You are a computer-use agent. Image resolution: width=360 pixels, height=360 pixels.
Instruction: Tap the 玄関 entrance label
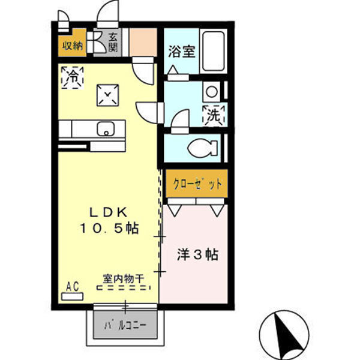(113, 43)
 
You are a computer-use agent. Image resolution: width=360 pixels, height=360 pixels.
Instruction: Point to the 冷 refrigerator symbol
(73, 77)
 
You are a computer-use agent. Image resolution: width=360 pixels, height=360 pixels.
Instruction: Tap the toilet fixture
(197, 148)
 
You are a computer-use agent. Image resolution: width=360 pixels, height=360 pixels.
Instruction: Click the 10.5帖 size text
(109, 228)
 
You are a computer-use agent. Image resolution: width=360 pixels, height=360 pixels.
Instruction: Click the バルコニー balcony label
(126, 326)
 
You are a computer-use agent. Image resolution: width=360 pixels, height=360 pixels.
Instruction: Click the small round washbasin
(211, 92)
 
